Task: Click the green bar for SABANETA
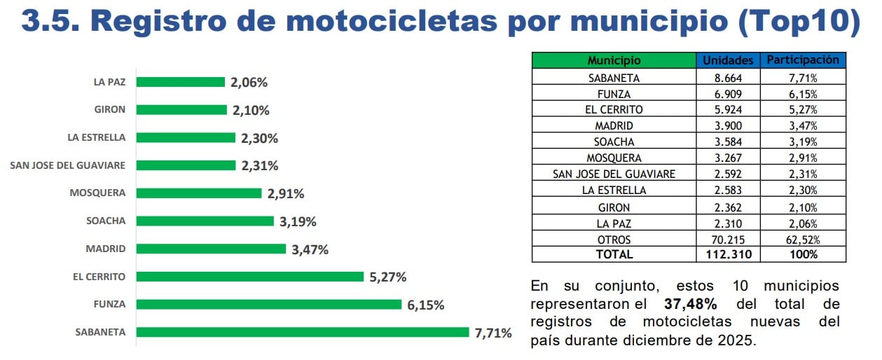tap(302, 332)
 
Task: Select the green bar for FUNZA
tap(268, 304)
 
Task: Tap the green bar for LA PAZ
tap(180, 82)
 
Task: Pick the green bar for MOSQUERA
tap(198, 193)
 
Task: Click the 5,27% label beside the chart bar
tap(387, 277)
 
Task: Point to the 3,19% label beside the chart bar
tap(298, 221)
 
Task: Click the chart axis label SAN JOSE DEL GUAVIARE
tap(68, 165)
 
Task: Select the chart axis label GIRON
tap(110, 110)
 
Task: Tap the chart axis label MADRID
tap(106, 249)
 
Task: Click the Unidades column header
tap(728, 60)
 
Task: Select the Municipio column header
tap(614, 60)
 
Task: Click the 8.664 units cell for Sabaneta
tap(728, 78)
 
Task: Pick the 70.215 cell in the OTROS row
tap(728, 240)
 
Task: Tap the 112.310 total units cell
tap(728, 254)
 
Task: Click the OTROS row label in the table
tap(614, 240)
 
